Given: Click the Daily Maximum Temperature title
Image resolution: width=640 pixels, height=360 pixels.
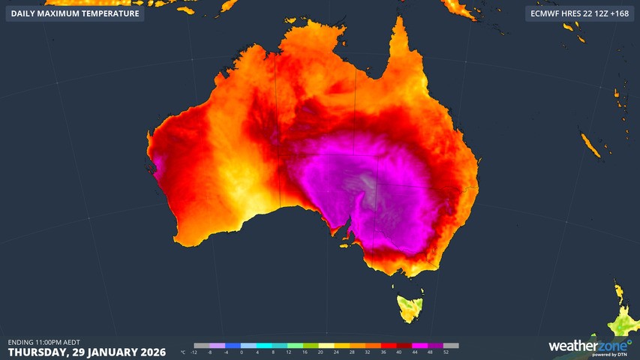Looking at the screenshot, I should pyautogui.click(x=74, y=13).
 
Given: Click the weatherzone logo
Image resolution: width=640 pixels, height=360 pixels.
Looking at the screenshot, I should pyautogui.click(x=582, y=346).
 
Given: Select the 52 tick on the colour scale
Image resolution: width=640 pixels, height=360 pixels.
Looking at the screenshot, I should pyautogui.click(x=446, y=352).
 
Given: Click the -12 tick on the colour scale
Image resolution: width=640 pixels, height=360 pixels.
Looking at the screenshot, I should pyautogui.click(x=194, y=352).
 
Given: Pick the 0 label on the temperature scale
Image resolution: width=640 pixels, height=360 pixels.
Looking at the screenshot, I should pyautogui.click(x=242, y=352).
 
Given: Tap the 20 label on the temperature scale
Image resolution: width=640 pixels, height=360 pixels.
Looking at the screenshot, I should pyautogui.click(x=320, y=352).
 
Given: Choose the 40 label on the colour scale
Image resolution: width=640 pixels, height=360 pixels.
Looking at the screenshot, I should pyautogui.click(x=399, y=352).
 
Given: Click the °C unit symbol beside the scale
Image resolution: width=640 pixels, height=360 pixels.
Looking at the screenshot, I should pyautogui.click(x=183, y=352).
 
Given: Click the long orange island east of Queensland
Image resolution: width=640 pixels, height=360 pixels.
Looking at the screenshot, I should pyautogui.click(x=590, y=145).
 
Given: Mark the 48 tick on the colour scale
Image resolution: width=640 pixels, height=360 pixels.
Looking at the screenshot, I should pyautogui.click(x=431, y=352).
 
